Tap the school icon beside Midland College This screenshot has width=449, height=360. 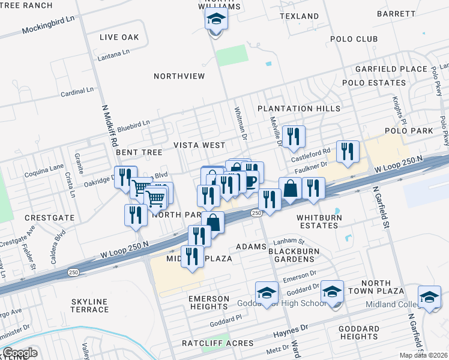[x=429, y=297]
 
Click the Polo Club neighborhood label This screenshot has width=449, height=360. [x=354, y=39]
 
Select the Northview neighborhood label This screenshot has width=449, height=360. [x=179, y=76]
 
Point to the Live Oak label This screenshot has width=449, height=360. [x=119, y=37]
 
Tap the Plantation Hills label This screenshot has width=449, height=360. [x=299, y=109]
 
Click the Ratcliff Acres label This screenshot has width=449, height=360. [x=210, y=343]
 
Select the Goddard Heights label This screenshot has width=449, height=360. [x=359, y=333]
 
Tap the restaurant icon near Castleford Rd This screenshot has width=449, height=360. [x=294, y=137]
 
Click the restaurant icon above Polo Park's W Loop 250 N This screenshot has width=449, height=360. [x=348, y=152]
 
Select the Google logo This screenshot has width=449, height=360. [x=20, y=353]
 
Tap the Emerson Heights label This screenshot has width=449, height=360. [x=209, y=302]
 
